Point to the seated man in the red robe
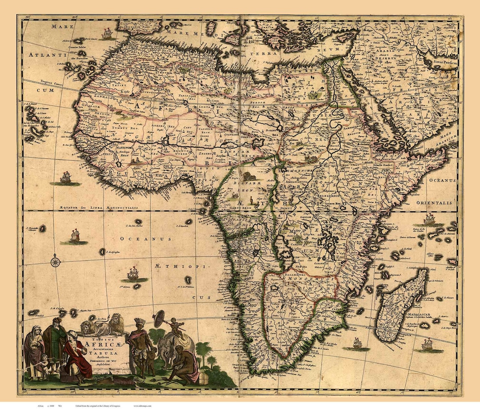[x=76, y=356]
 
